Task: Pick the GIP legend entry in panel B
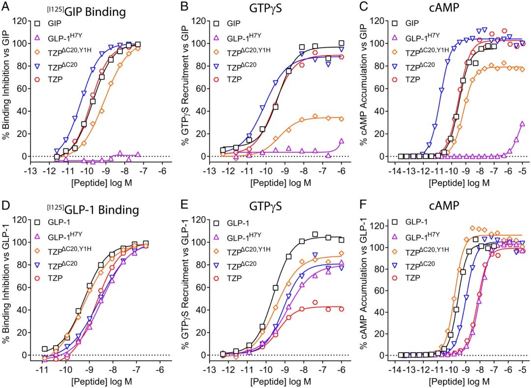pyautogui.click(x=234, y=23)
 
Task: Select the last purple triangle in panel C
pyautogui.click(x=522, y=124)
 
